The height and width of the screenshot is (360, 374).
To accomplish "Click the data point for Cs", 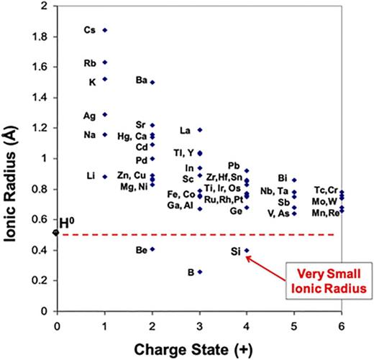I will click(x=105, y=30).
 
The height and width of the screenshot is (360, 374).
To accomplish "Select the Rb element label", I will click(x=90, y=63).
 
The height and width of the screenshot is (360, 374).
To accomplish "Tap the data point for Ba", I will click(x=152, y=82).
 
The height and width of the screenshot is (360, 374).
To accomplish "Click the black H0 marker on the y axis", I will click(x=57, y=232).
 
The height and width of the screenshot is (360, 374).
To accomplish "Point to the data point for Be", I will click(x=152, y=249).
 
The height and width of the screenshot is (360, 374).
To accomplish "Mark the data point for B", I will click(x=200, y=272).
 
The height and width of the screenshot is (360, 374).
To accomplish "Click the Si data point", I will click(x=247, y=251).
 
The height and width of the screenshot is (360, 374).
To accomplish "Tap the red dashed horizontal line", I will click(x=180, y=234).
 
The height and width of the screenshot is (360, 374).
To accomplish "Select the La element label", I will click(x=185, y=131).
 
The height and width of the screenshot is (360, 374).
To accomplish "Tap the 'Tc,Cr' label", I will click(x=326, y=189).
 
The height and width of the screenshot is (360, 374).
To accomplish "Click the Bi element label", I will click(x=283, y=177).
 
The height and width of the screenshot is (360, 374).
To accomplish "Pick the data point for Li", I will click(x=105, y=176).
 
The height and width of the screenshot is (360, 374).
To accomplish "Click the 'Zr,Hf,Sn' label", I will click(x=224, y=177).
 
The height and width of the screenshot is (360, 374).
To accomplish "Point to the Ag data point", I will click(x=105, y=114).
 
